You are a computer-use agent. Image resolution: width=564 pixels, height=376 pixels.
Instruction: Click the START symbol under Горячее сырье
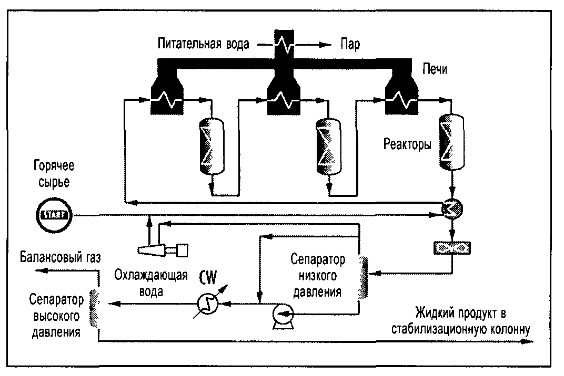tap(54, 214)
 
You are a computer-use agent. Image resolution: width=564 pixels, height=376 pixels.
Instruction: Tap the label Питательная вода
tap(203, 44)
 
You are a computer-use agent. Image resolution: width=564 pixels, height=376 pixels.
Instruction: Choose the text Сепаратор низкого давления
tap(318, 275)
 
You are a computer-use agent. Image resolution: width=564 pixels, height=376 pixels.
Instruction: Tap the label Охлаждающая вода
tap(152, 283)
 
